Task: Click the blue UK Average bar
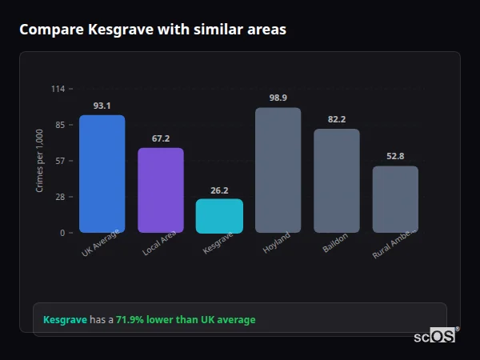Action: [102, 174]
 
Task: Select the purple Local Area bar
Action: [161, 190]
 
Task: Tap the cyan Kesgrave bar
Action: [219, 216]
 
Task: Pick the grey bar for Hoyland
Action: [278, 170]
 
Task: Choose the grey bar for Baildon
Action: [337, 181]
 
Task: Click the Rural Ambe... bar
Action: [395, 199]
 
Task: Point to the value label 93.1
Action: [102, 106]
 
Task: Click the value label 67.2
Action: [161, 138]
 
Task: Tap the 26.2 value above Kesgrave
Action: [219, 190]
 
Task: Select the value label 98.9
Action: [278, 98]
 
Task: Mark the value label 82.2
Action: [337, 119]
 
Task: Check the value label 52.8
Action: [395, 156]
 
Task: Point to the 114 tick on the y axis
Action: [58, 89]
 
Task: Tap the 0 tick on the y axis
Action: [62, 233]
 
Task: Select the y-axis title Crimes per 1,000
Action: [40, 161]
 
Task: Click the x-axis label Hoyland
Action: [277, 243]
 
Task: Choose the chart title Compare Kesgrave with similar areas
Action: [153, 30]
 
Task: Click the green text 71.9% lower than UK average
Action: [186, 320]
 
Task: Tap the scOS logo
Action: [435, 336]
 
